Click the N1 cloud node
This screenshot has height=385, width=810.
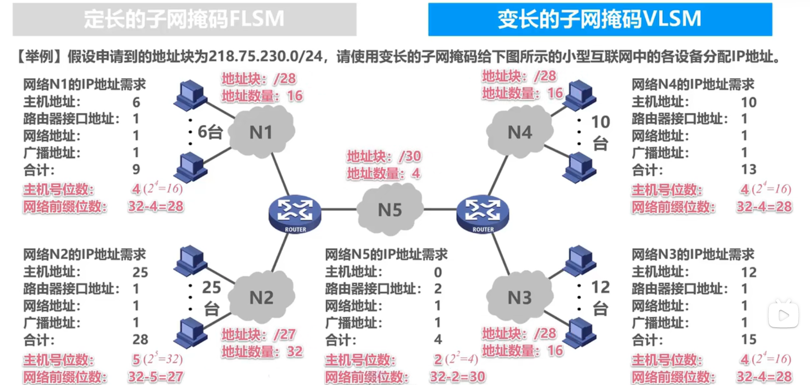(x=261, y=132)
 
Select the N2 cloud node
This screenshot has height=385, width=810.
(x=261, y=297)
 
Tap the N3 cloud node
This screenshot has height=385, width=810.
(x=520, y=297)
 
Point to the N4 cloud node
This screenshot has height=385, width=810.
(x=520, y=132)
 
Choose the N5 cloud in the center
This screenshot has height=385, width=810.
(x=390, y=209)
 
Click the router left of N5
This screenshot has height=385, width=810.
(x=295, y=213)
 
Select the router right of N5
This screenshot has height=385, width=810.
(x=483, y=213)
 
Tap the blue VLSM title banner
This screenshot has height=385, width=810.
(x=600, y=19)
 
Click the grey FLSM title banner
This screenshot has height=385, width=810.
(x=184, y=19)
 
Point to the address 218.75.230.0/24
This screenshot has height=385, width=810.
(x=266, y=56)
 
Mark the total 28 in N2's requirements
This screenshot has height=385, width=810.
(x=140, y=339)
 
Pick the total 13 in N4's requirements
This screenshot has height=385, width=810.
(x=749, y=169)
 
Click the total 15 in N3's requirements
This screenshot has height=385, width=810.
(x=749, y=339)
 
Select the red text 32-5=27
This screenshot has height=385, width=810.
(x=155, y=377)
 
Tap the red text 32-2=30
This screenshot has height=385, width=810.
(x=457, y=377)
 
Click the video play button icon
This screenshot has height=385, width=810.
(x=784, y=315)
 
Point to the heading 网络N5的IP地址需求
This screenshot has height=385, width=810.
(x=386, y=254)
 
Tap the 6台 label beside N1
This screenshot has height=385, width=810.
(x=210, y=131)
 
